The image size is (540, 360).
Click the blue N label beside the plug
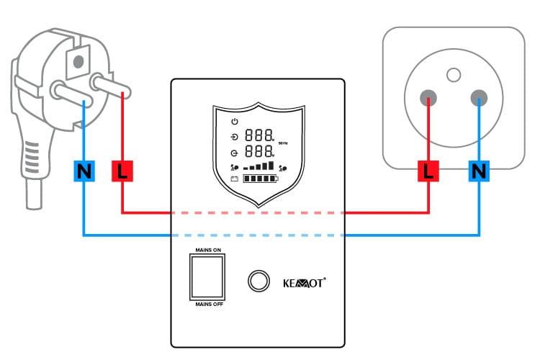84,171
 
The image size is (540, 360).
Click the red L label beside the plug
122,171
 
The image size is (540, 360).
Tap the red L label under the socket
429,171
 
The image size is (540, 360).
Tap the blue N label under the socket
479,171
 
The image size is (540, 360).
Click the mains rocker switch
207,276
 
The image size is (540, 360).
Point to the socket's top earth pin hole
453,73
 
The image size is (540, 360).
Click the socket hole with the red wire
428,98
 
